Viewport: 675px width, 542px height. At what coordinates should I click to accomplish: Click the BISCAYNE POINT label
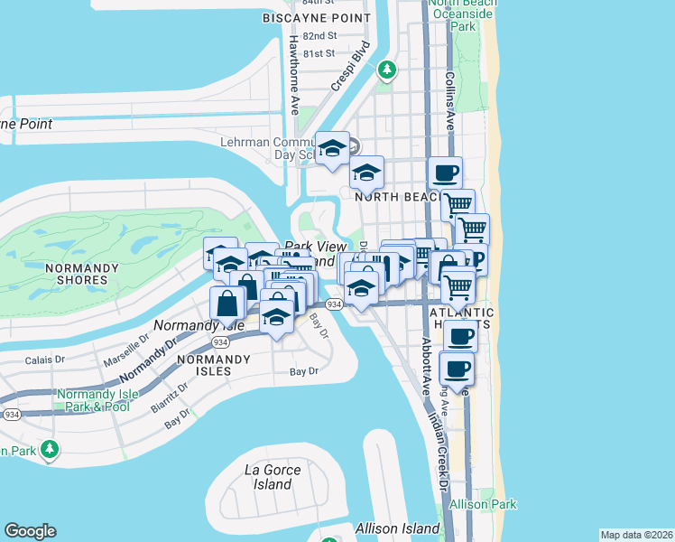(x=316, y=18)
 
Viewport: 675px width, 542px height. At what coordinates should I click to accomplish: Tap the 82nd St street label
(x=319, y=36)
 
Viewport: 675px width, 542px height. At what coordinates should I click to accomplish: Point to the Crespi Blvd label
(x=350, y=66)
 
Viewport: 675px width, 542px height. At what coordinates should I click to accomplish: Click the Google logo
(x=30, y=531)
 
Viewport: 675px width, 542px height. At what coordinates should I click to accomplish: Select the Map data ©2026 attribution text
(x=635, y=535)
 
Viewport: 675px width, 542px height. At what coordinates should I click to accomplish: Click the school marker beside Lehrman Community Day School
(x=332, y=148)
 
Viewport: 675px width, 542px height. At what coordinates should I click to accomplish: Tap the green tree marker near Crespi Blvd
(x=387, y=69)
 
